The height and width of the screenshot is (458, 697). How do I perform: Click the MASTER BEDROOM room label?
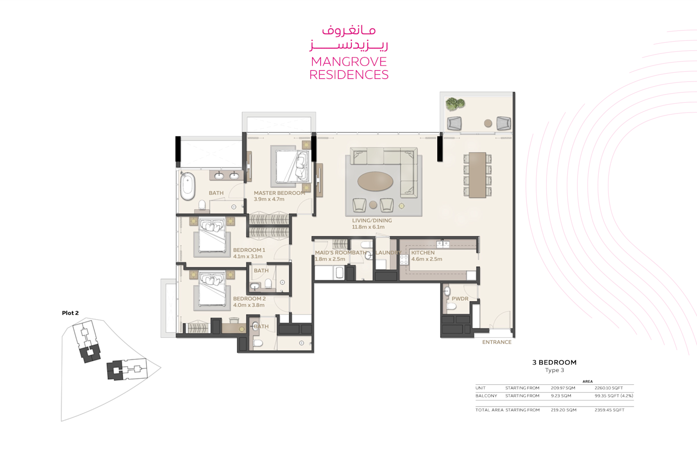coord(280,193)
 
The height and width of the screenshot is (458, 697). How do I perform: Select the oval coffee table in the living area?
coord(375,181)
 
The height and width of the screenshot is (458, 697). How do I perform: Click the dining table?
coord(478,175)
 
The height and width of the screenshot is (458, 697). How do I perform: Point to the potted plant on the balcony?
coord(455,104)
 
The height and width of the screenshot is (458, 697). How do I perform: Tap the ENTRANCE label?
coord(496,342)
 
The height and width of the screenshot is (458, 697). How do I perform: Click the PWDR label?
coord(460,299)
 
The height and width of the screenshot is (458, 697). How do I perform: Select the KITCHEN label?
coord(423,252)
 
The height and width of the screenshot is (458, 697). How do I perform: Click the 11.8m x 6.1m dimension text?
coord(368,227)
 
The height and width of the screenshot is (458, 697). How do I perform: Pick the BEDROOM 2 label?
coord(249,299)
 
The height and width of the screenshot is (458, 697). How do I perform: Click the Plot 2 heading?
coord(70,313)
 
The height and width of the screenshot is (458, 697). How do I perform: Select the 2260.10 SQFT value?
coord(608,388)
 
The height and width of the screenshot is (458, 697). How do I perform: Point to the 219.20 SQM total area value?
coord(564,410)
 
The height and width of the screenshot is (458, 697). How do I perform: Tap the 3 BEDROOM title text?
coord(554,362)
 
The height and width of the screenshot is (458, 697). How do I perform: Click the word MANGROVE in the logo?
coord(349,62)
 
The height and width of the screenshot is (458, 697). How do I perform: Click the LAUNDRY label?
coord(388,252)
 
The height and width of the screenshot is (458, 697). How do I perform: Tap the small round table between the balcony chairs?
coord(488,124)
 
